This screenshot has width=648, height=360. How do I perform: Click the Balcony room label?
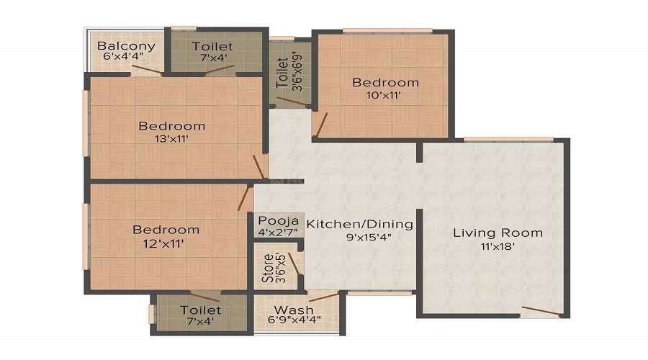tap(126, 45)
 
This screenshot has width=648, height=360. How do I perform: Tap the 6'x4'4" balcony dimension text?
tap(123, 57)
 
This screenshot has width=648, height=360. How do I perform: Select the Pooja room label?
tap(279, 220)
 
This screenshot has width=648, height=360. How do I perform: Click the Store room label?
tap(268, 268)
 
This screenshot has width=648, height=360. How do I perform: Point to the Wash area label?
tap(294, 309)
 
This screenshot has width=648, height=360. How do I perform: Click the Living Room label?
tap(498, 233)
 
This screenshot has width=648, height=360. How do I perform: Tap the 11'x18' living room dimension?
tap(498, 247)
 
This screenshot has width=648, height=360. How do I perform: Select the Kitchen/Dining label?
tap(359, 224)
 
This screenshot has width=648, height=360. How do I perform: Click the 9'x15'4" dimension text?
tap(369, 238)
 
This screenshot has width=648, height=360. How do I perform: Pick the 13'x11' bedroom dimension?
tap(171, 139)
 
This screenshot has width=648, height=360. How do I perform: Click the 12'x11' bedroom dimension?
tap(163, 244)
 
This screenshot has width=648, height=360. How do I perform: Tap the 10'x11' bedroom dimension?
tap(384, 95)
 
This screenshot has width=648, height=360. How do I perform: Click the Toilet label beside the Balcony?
tap(212, 46)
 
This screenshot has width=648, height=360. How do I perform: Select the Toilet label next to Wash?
tap(200, 310)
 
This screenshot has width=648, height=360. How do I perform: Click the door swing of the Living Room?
tap(541, 311)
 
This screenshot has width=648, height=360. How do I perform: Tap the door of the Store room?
tap(294, 264)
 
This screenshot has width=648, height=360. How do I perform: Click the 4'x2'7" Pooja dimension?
tap(278, 233)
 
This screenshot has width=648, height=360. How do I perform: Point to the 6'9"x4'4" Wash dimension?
tap(294, 320)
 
